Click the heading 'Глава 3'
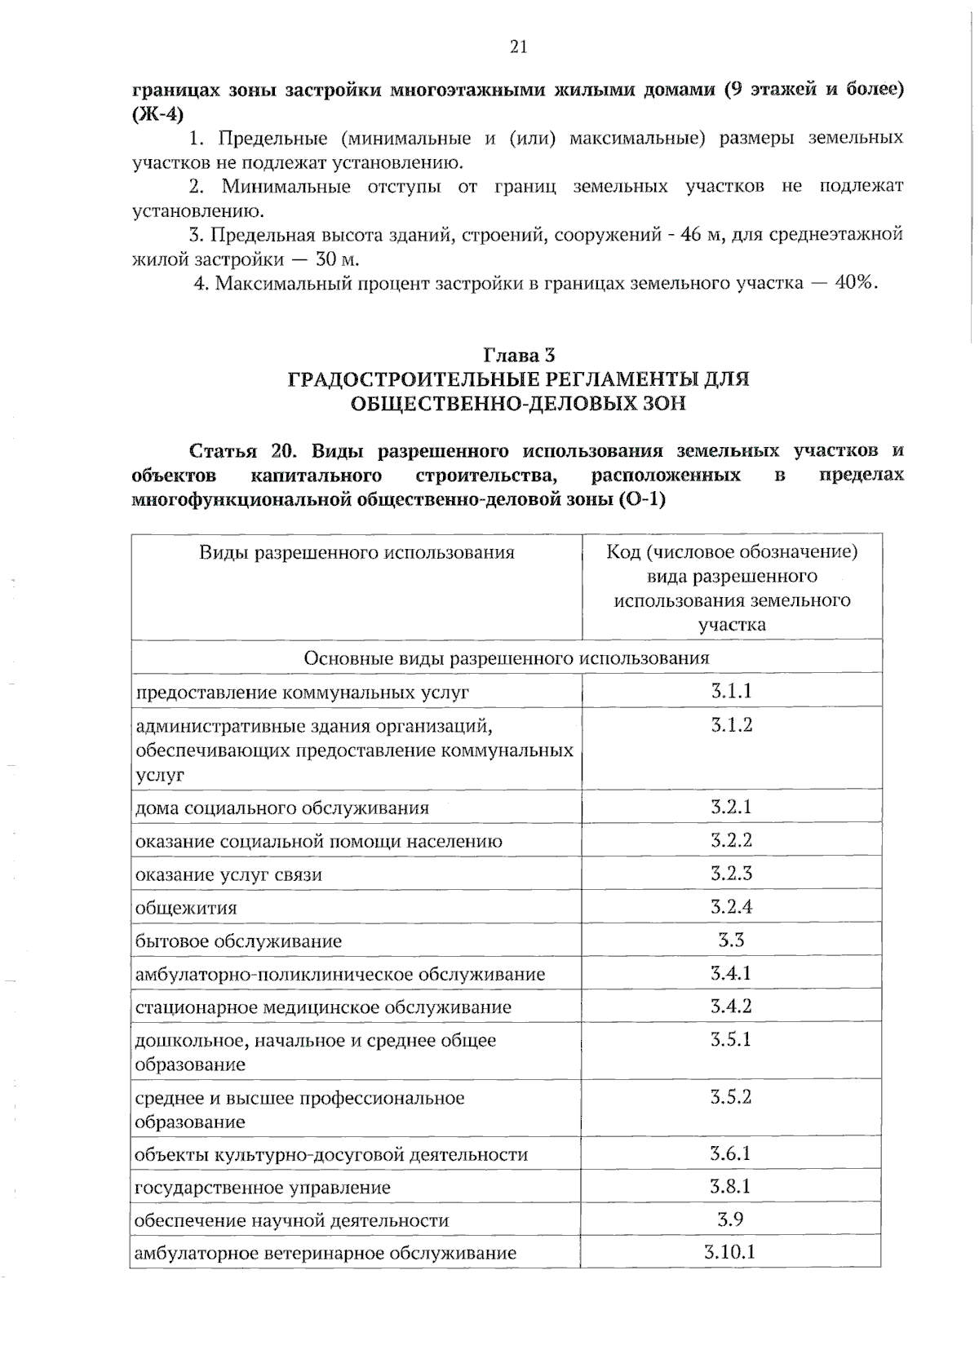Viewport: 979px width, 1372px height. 519,355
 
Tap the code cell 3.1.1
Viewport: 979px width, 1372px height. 731,692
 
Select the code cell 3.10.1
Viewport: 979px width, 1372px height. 730,1251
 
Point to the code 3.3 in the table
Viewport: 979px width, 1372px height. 731,940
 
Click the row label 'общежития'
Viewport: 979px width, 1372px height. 186,908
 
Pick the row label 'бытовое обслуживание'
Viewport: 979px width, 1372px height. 238,941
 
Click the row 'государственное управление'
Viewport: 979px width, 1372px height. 262,1188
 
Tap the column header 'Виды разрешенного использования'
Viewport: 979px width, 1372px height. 357,553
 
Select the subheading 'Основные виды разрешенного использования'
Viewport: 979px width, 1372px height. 506,657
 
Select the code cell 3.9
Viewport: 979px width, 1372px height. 730,1219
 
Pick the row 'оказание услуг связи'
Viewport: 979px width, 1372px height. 228,875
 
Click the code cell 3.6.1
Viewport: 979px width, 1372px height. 730,1153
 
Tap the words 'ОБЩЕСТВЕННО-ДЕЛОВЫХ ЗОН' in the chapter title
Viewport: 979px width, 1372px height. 519,403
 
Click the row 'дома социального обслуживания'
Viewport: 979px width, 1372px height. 281,808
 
